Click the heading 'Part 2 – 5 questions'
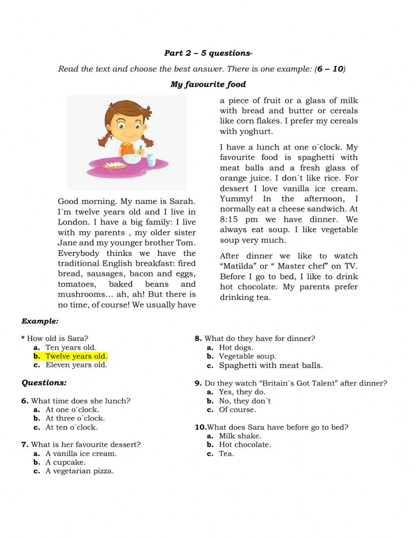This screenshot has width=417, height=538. click(208, 53)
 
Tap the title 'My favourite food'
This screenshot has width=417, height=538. click(208, 84)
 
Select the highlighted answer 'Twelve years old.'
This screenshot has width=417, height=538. click(76, 356)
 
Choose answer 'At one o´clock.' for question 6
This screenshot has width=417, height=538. click(72, 410)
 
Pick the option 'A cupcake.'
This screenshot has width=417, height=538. click(65, 462)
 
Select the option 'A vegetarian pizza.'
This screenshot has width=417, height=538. click(79, 471)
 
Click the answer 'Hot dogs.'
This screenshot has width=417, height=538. click(236, 348)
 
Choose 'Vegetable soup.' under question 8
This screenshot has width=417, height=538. click(247, 356)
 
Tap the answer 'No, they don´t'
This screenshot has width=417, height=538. click(245, 401)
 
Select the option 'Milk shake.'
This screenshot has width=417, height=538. click(240, 436)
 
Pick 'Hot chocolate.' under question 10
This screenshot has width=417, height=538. click(245, 445)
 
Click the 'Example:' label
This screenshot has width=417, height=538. click(40, 321)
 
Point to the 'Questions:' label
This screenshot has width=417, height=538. click(44, 383)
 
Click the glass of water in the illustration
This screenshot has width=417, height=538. click(151, 160)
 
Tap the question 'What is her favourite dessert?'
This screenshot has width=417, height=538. click(85, 444)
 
